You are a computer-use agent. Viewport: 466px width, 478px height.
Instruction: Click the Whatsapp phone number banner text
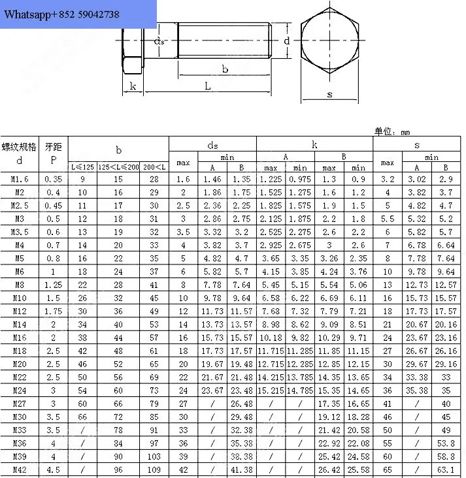coord(61,14)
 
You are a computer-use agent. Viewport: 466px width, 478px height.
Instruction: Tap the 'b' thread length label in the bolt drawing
coord(225,69)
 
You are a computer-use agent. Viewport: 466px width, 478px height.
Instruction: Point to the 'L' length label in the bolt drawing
coord(208,86)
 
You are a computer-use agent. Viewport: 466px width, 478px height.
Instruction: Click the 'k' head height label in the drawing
coord(133,86)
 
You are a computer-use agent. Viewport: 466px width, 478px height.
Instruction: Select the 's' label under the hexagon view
coord(329,95)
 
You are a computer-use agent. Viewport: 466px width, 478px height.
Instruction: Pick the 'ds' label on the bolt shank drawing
coord(159,41)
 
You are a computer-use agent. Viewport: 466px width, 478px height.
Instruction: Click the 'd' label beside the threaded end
coord(286,41)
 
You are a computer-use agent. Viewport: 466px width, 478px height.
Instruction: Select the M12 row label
coord(20,311)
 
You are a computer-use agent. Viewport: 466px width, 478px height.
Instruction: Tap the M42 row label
coord(20,470)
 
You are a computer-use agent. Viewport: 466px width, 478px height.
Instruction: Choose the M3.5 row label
coord(20,232)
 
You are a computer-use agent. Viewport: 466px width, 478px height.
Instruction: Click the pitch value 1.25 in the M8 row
coord(54,285)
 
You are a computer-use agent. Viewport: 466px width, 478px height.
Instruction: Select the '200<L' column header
coord(154,167)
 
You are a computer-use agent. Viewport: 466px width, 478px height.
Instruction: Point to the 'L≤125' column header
coord(82,167)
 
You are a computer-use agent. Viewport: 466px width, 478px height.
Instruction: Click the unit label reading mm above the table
coord(405,133)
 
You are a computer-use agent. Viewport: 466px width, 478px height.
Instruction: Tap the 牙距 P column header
coord(54,153)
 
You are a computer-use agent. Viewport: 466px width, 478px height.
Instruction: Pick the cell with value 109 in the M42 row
coord(154,470)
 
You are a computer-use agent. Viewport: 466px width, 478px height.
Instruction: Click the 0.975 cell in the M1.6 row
coord(300,179)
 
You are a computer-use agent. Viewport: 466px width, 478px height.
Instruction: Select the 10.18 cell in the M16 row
coord(271,338)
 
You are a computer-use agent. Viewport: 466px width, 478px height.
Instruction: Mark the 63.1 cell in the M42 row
coord(446,470)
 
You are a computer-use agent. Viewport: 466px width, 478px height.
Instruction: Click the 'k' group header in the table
coord(314,144)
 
